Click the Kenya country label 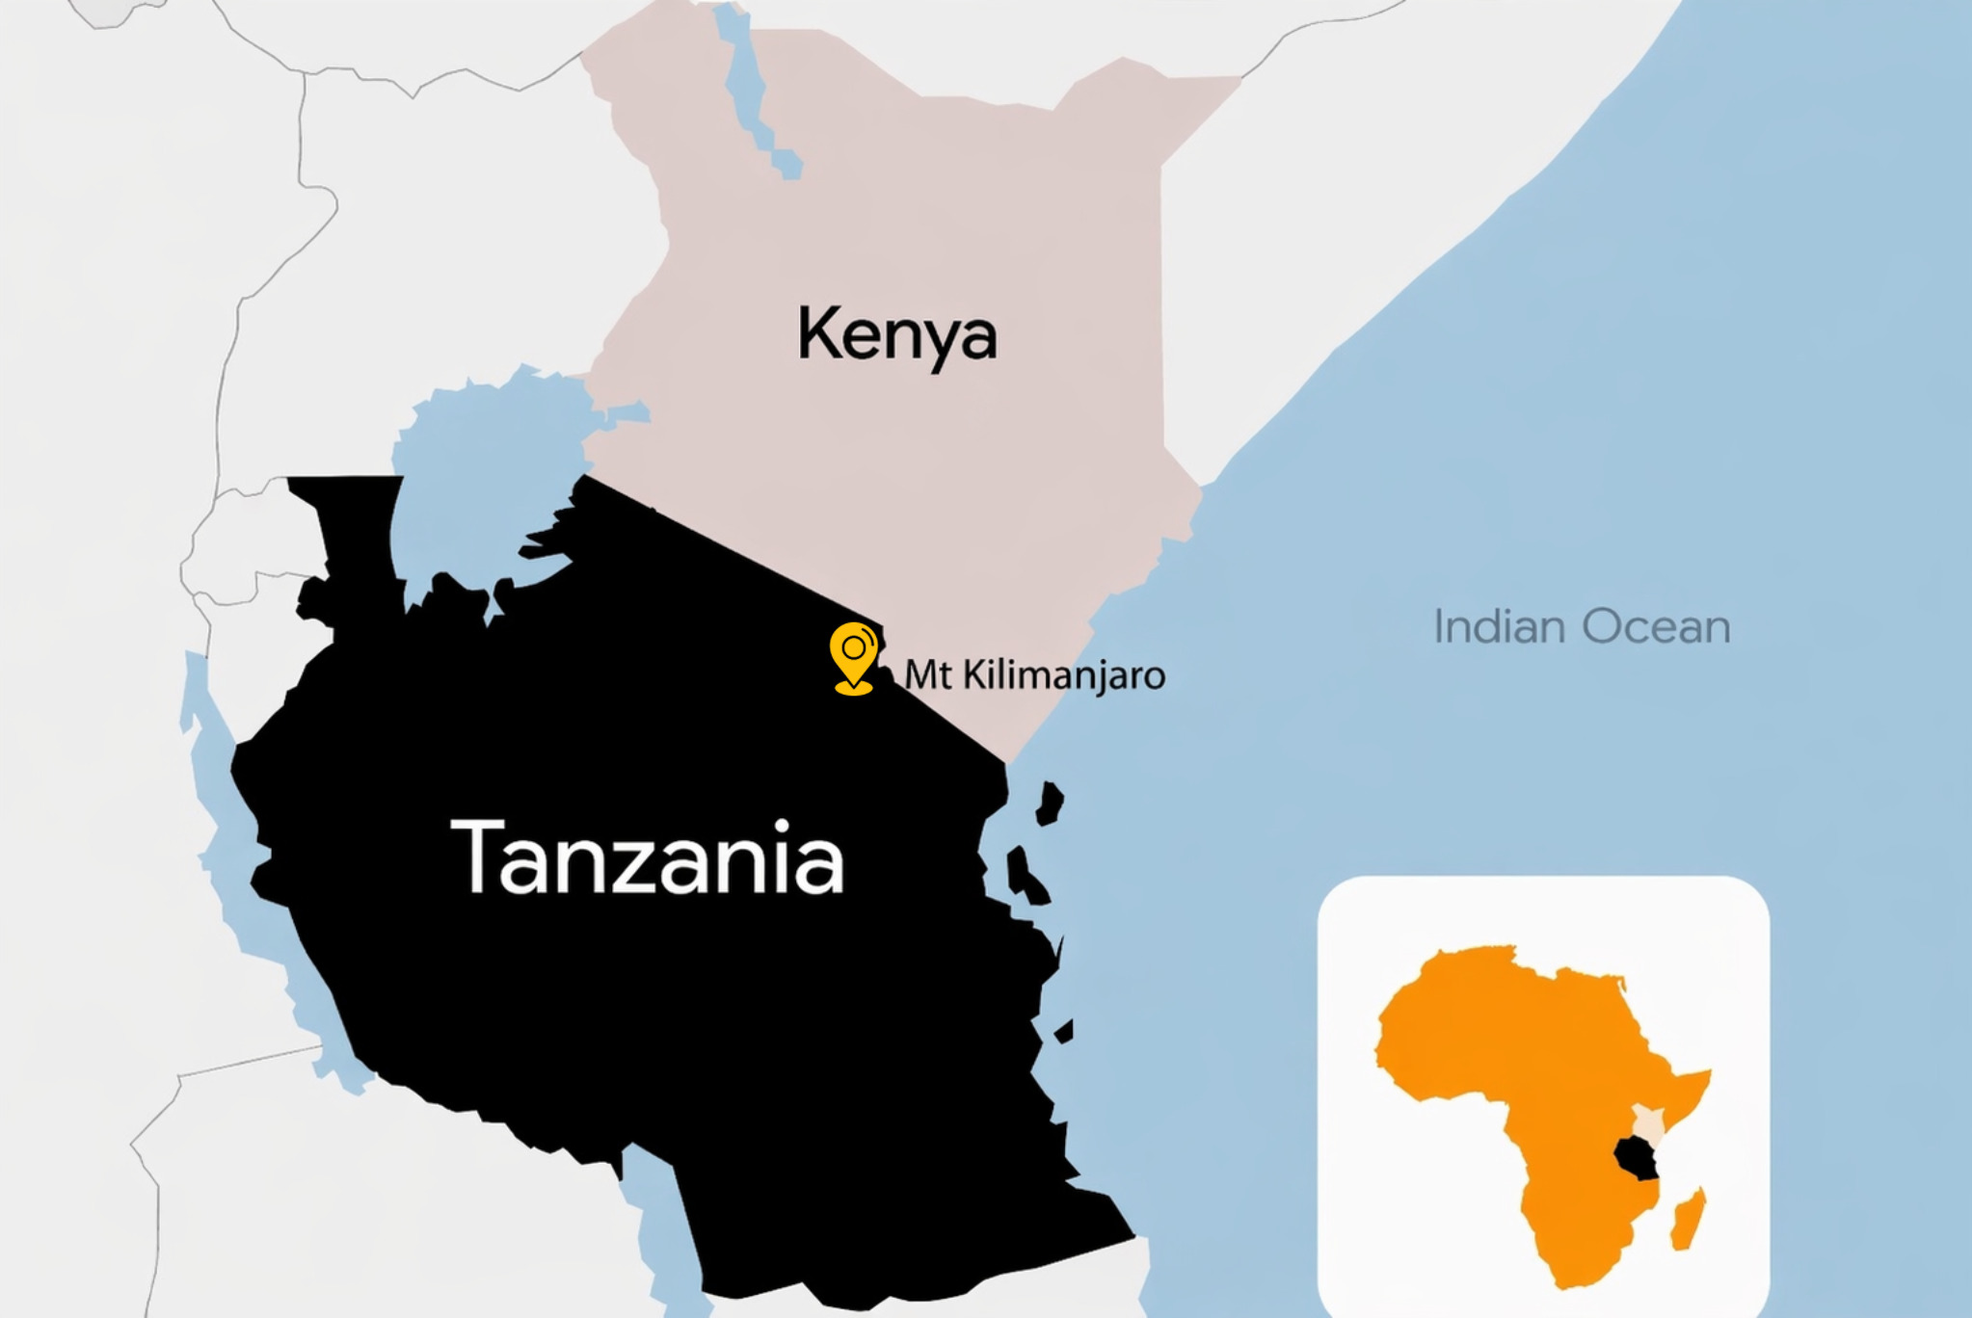pyautogui.click(x=897, y=333)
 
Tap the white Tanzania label pyautogui.click(x=647, y=857)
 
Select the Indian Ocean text pyautogui.click(x=1582, y=626)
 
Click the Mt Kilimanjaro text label pyautogui.click(x=1034, y=674)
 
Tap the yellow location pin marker pyautogui.click(x=853, y=655)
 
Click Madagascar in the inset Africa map pyautogui.click(x=1688, y=1220)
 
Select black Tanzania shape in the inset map pyautogui.click(x=1636, y=1158)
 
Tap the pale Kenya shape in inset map pyautogui.click(x=1647, y=1122)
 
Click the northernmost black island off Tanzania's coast pyautogui.click(x=1050, y=803)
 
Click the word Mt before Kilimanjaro pyautogui.click(x=927, y=674)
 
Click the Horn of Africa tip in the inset pyautogui.click(x=1708, y=1072)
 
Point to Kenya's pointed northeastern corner pyautogui.click(x=1239, y=81)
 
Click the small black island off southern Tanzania pyautogui.click(x=1064, y=1032)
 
